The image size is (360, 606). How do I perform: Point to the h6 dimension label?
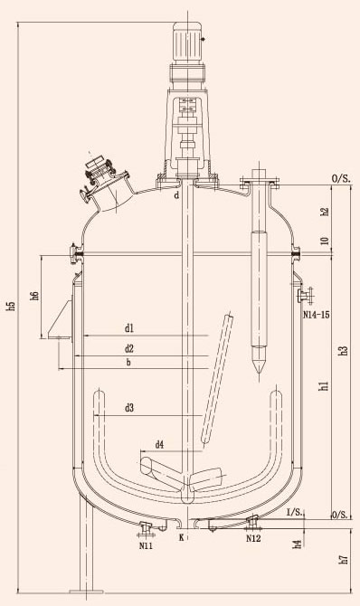(34, 296)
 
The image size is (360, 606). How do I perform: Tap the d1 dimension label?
(128, 328)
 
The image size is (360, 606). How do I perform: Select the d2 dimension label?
(128, 348)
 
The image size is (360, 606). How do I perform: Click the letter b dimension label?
(128, 362)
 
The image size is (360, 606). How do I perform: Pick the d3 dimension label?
(129, 408)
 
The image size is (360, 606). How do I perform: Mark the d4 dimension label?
(159, 445)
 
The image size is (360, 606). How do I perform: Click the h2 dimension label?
(325, 212)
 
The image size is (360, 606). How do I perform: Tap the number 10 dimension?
(325, 240)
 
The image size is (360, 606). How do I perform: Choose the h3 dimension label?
(344, 350)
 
